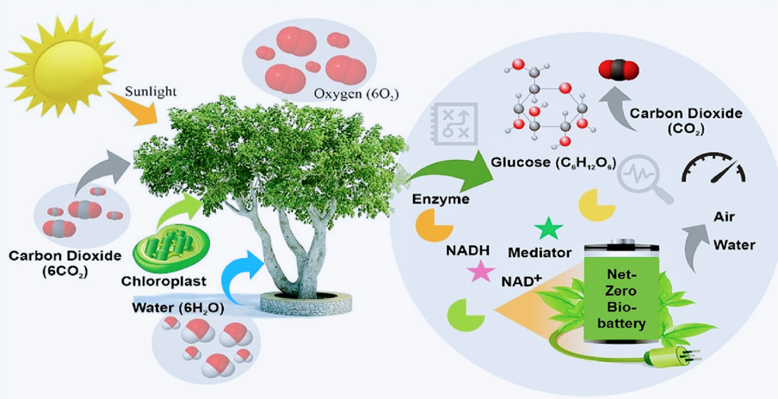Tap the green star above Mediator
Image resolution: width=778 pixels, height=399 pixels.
[x=548, y=229]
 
